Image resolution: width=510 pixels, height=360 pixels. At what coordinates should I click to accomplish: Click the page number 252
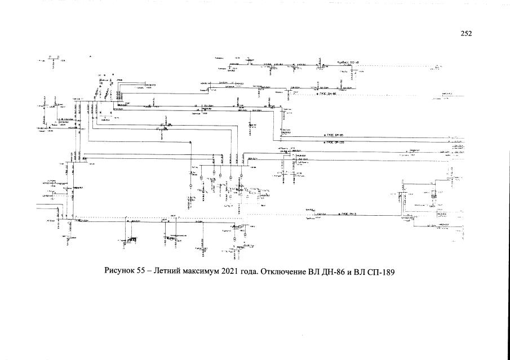(466, 33)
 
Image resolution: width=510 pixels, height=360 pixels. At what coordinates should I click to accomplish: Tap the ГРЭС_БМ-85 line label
(335, 135)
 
